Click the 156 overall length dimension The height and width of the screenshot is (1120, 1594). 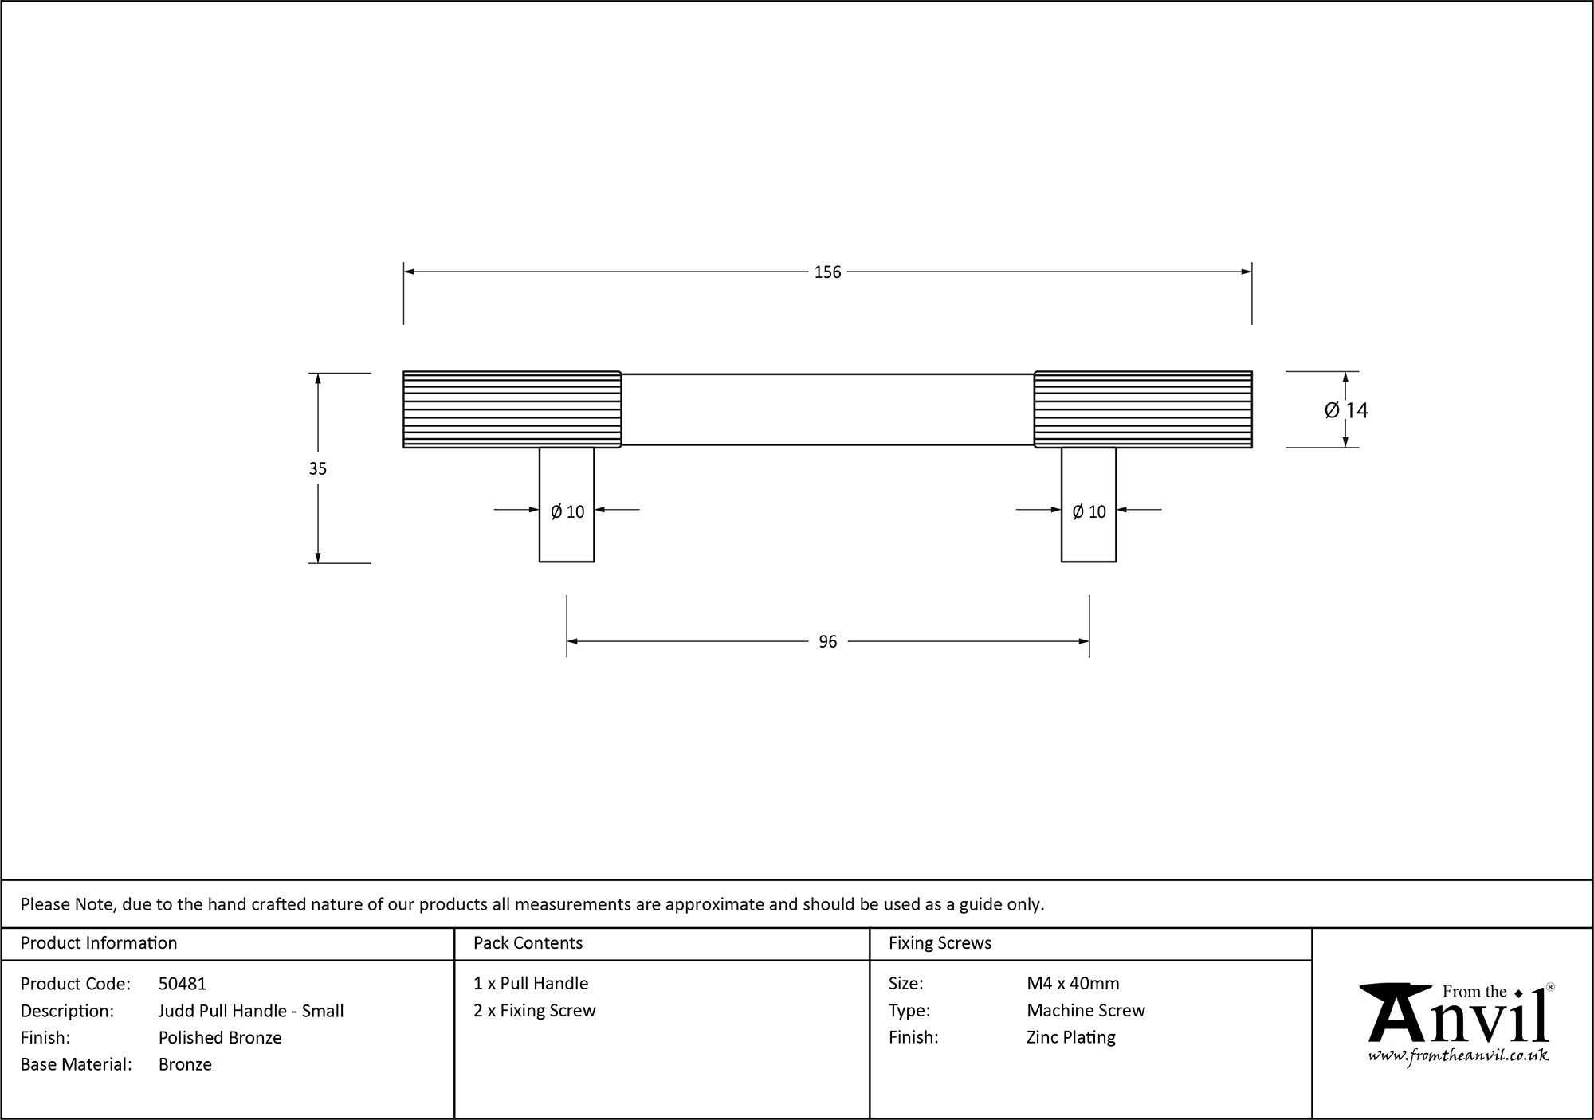coord(827,272)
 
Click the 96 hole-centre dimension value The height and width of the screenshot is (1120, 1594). coord(827,642)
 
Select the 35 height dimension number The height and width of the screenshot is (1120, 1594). coord(317,469)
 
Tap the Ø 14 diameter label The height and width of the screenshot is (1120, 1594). coord(1346,410)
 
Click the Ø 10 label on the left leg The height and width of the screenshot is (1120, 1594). coord(567,512)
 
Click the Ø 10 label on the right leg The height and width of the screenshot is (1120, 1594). coord(1089,512)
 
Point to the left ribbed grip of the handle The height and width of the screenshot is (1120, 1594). coord(512,409)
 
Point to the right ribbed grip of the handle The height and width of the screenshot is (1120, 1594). coord(1143,409)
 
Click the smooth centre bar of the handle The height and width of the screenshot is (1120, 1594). coord(827,409)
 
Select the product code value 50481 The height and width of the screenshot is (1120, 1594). coord(182,984)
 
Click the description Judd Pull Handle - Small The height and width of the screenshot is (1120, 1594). coord(251,1011)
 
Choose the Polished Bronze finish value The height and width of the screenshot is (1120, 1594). coord(220,1037)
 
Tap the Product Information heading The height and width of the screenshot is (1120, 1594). coord(99,943)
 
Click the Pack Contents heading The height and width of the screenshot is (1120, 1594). coord(528,943)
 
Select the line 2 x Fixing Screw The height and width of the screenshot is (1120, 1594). coord(534,1011)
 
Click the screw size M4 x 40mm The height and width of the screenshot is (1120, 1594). coord(1073,984)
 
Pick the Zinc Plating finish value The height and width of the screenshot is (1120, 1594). coord(1070,1037)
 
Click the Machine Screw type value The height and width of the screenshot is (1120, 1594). coord(1086,1011)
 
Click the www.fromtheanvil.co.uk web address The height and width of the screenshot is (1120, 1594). coord(1459,1056)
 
